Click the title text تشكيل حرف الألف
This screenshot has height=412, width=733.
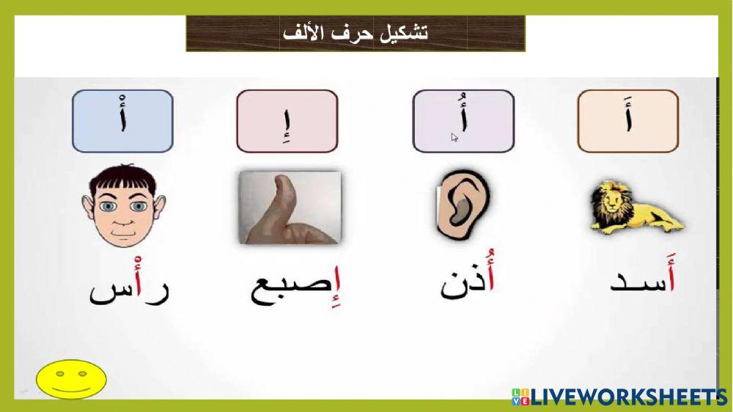click(356, 34)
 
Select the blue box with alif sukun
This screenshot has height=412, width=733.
click(122, 121)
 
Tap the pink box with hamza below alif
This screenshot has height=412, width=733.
click(287, 121)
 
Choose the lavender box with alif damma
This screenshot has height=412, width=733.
click(463, 121)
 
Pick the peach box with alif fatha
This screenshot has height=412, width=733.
click(628, 121)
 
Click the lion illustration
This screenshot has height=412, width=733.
click(635, 208)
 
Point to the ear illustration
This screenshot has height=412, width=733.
click(463, 207)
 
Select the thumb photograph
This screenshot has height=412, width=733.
click(290, 207)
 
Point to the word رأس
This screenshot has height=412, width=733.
click(129, 286)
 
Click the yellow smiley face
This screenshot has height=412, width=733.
click(71, 379)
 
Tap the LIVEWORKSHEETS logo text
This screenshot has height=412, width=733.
click(627, 397)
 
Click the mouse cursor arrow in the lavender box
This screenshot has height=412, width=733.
click(454, 137)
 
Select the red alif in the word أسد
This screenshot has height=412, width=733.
click(671, 279)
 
